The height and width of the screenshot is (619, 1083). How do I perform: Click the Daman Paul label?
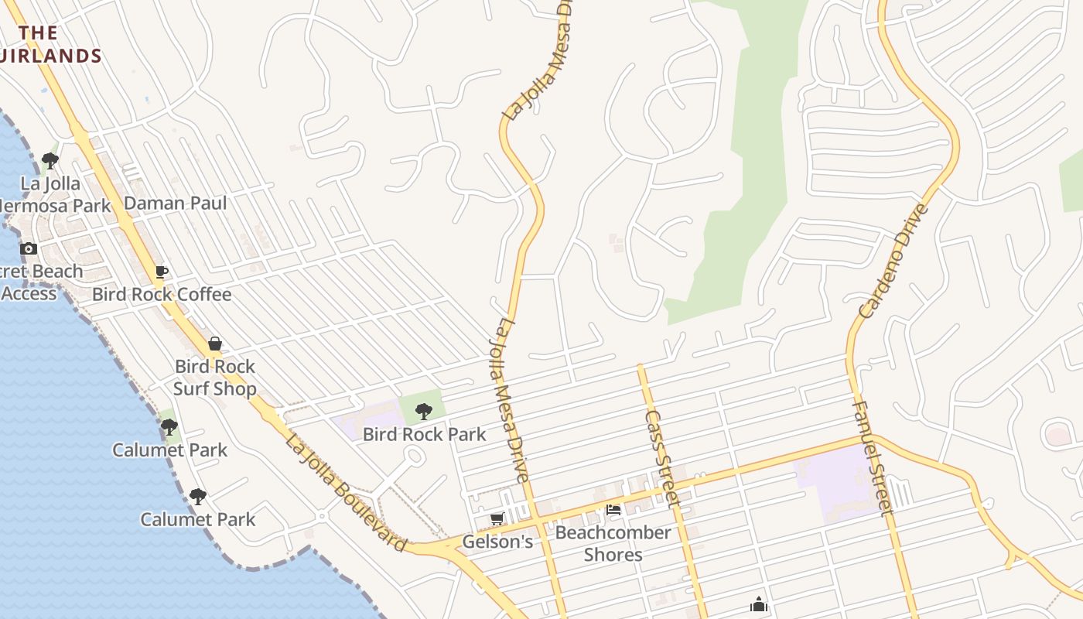point(176,203)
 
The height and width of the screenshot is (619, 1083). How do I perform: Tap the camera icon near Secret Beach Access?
point(29,248)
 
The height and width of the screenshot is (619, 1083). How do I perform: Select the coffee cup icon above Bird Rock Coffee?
point(161,272)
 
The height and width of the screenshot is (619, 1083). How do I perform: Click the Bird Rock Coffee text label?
point(162,295)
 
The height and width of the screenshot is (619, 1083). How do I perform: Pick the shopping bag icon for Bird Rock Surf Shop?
point(215,344)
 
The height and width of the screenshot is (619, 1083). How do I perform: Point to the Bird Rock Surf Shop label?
point(215,378)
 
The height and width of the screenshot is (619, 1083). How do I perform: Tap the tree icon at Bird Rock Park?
point(423,411)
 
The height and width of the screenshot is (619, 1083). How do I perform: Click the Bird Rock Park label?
point(425,435)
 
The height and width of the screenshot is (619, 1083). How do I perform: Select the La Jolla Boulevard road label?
point(346,494)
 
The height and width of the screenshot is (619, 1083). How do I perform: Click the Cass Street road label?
point(663,458)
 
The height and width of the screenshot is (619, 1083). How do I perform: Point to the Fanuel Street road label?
point(873,457)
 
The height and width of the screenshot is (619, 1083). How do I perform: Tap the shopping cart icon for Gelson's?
point(497,518)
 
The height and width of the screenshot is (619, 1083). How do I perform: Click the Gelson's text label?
point(497,542)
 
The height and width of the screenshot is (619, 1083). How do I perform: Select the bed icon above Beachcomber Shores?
point(613,510)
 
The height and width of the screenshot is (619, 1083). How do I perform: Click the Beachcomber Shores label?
point(613,544)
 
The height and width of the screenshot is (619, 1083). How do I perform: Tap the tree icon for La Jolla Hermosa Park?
point(50,161)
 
